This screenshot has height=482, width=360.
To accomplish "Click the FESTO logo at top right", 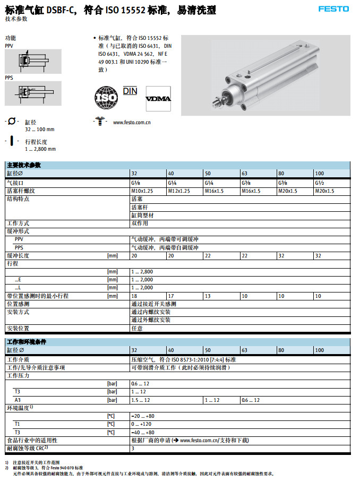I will click(333, 8).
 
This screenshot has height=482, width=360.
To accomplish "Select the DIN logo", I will click(130, 91).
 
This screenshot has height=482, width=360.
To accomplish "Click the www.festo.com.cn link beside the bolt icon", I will click(132, 123).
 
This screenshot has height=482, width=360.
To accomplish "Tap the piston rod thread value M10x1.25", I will click(142, 191).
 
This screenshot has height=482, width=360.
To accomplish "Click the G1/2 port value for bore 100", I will click(320, 182).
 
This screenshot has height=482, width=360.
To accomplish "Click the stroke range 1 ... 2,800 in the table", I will click(142, 271).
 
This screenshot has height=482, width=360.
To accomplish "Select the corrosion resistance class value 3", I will click(133, 449).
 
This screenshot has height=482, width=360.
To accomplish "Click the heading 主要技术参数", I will click(24, 165).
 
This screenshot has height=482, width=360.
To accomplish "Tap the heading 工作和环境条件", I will click(27, 342).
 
